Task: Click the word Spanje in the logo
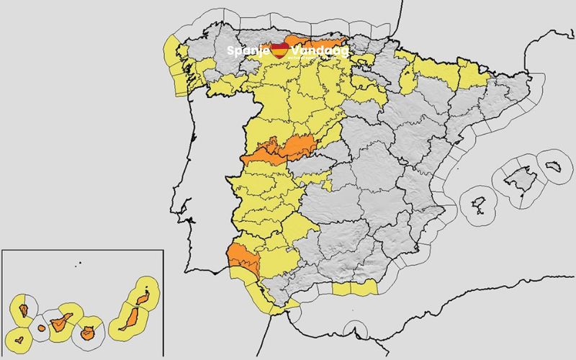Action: [248, 51]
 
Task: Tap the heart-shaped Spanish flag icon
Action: [280, 50]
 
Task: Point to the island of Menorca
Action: [554, 166]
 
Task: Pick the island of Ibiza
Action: [479, 204]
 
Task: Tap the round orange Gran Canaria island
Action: [89, 333]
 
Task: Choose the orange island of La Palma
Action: [24, 311]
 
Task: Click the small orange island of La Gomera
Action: [41, 328]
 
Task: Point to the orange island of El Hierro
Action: [19, 336]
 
